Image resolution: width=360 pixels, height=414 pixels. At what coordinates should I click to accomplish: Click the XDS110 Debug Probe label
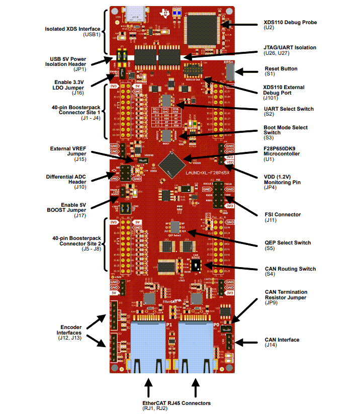click(290, 23)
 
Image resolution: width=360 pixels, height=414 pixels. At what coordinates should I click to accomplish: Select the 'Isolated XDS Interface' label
click(71, 29)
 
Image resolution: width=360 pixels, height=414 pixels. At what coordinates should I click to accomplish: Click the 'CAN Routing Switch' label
click(290, 269)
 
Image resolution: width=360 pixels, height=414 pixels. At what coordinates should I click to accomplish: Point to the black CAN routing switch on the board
click(200, 265)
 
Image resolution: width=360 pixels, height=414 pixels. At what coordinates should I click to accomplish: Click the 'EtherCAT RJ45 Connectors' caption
click(174, 403)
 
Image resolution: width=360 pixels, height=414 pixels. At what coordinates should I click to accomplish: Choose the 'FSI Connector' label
click(283, 215)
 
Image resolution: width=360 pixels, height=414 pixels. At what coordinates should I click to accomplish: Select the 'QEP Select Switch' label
click(288, 243)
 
